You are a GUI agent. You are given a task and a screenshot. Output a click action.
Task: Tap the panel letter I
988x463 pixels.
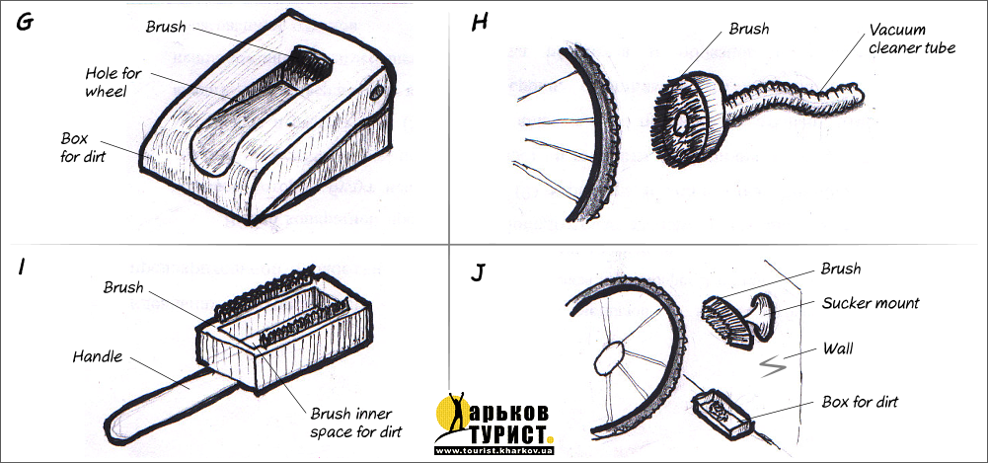[x=22, y=268]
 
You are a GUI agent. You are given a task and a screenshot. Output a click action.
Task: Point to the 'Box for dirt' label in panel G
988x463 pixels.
[x=83, y=147]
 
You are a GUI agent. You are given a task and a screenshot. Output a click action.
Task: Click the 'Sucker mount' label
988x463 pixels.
[x=871, y=303]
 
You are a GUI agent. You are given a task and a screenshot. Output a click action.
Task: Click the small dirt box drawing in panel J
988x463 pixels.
[x=722, y=416]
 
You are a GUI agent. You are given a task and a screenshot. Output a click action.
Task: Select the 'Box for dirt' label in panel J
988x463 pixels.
[x=860, y=401]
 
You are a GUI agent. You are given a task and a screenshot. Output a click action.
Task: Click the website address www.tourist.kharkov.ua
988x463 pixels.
[x=494, y=451]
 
